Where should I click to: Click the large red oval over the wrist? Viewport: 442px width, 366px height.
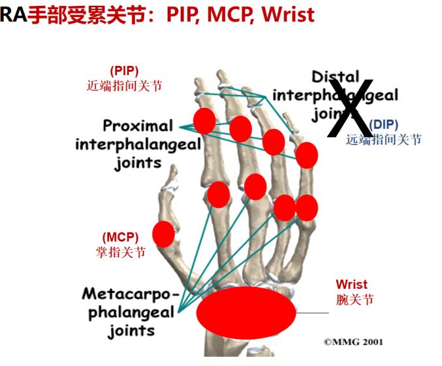[247, 311]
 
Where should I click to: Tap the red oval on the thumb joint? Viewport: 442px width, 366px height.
[163, 234]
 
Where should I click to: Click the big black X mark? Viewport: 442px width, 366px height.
[351, 107]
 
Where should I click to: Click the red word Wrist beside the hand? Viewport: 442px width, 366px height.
[351, 285]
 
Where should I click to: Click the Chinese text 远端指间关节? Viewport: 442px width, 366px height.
[384, 139]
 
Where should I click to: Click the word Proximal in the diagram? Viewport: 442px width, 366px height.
[138, 126]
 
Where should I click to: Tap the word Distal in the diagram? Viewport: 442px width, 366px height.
[335, 77]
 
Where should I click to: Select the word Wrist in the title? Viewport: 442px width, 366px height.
[287, 14]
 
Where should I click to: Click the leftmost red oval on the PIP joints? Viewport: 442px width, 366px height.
[204, 121]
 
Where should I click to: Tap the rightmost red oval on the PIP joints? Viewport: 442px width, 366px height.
[306, 155]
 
